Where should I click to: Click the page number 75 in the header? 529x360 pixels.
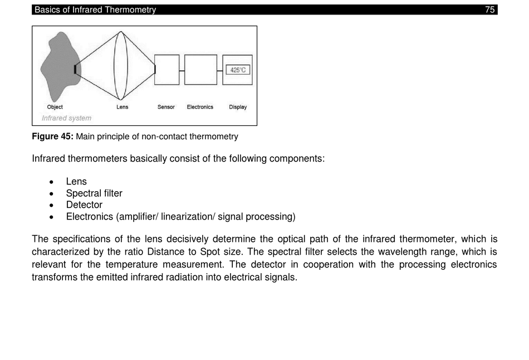pos(489,9)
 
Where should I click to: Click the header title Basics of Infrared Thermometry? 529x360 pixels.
pos(95,9)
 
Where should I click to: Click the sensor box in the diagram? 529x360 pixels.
pos(167,70)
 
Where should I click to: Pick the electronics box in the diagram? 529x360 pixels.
pos(200,70)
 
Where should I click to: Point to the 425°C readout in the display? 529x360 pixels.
pos(238,70)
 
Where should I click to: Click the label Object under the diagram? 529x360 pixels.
pos(55,107)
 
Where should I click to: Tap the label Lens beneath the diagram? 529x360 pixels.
pos(122,107)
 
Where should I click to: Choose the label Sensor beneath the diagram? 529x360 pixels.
pos(166,107)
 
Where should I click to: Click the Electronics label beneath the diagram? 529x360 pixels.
pos(200,107)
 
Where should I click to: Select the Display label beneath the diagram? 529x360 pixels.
pos(238,107)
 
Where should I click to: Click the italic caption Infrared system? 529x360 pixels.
pos(66,118)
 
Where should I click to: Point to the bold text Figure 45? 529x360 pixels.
pos(52,137)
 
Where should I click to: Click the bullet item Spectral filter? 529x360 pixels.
pos(94,193)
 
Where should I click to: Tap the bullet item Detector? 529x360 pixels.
pos(84,205)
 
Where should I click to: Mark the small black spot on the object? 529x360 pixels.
pos(75,69)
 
